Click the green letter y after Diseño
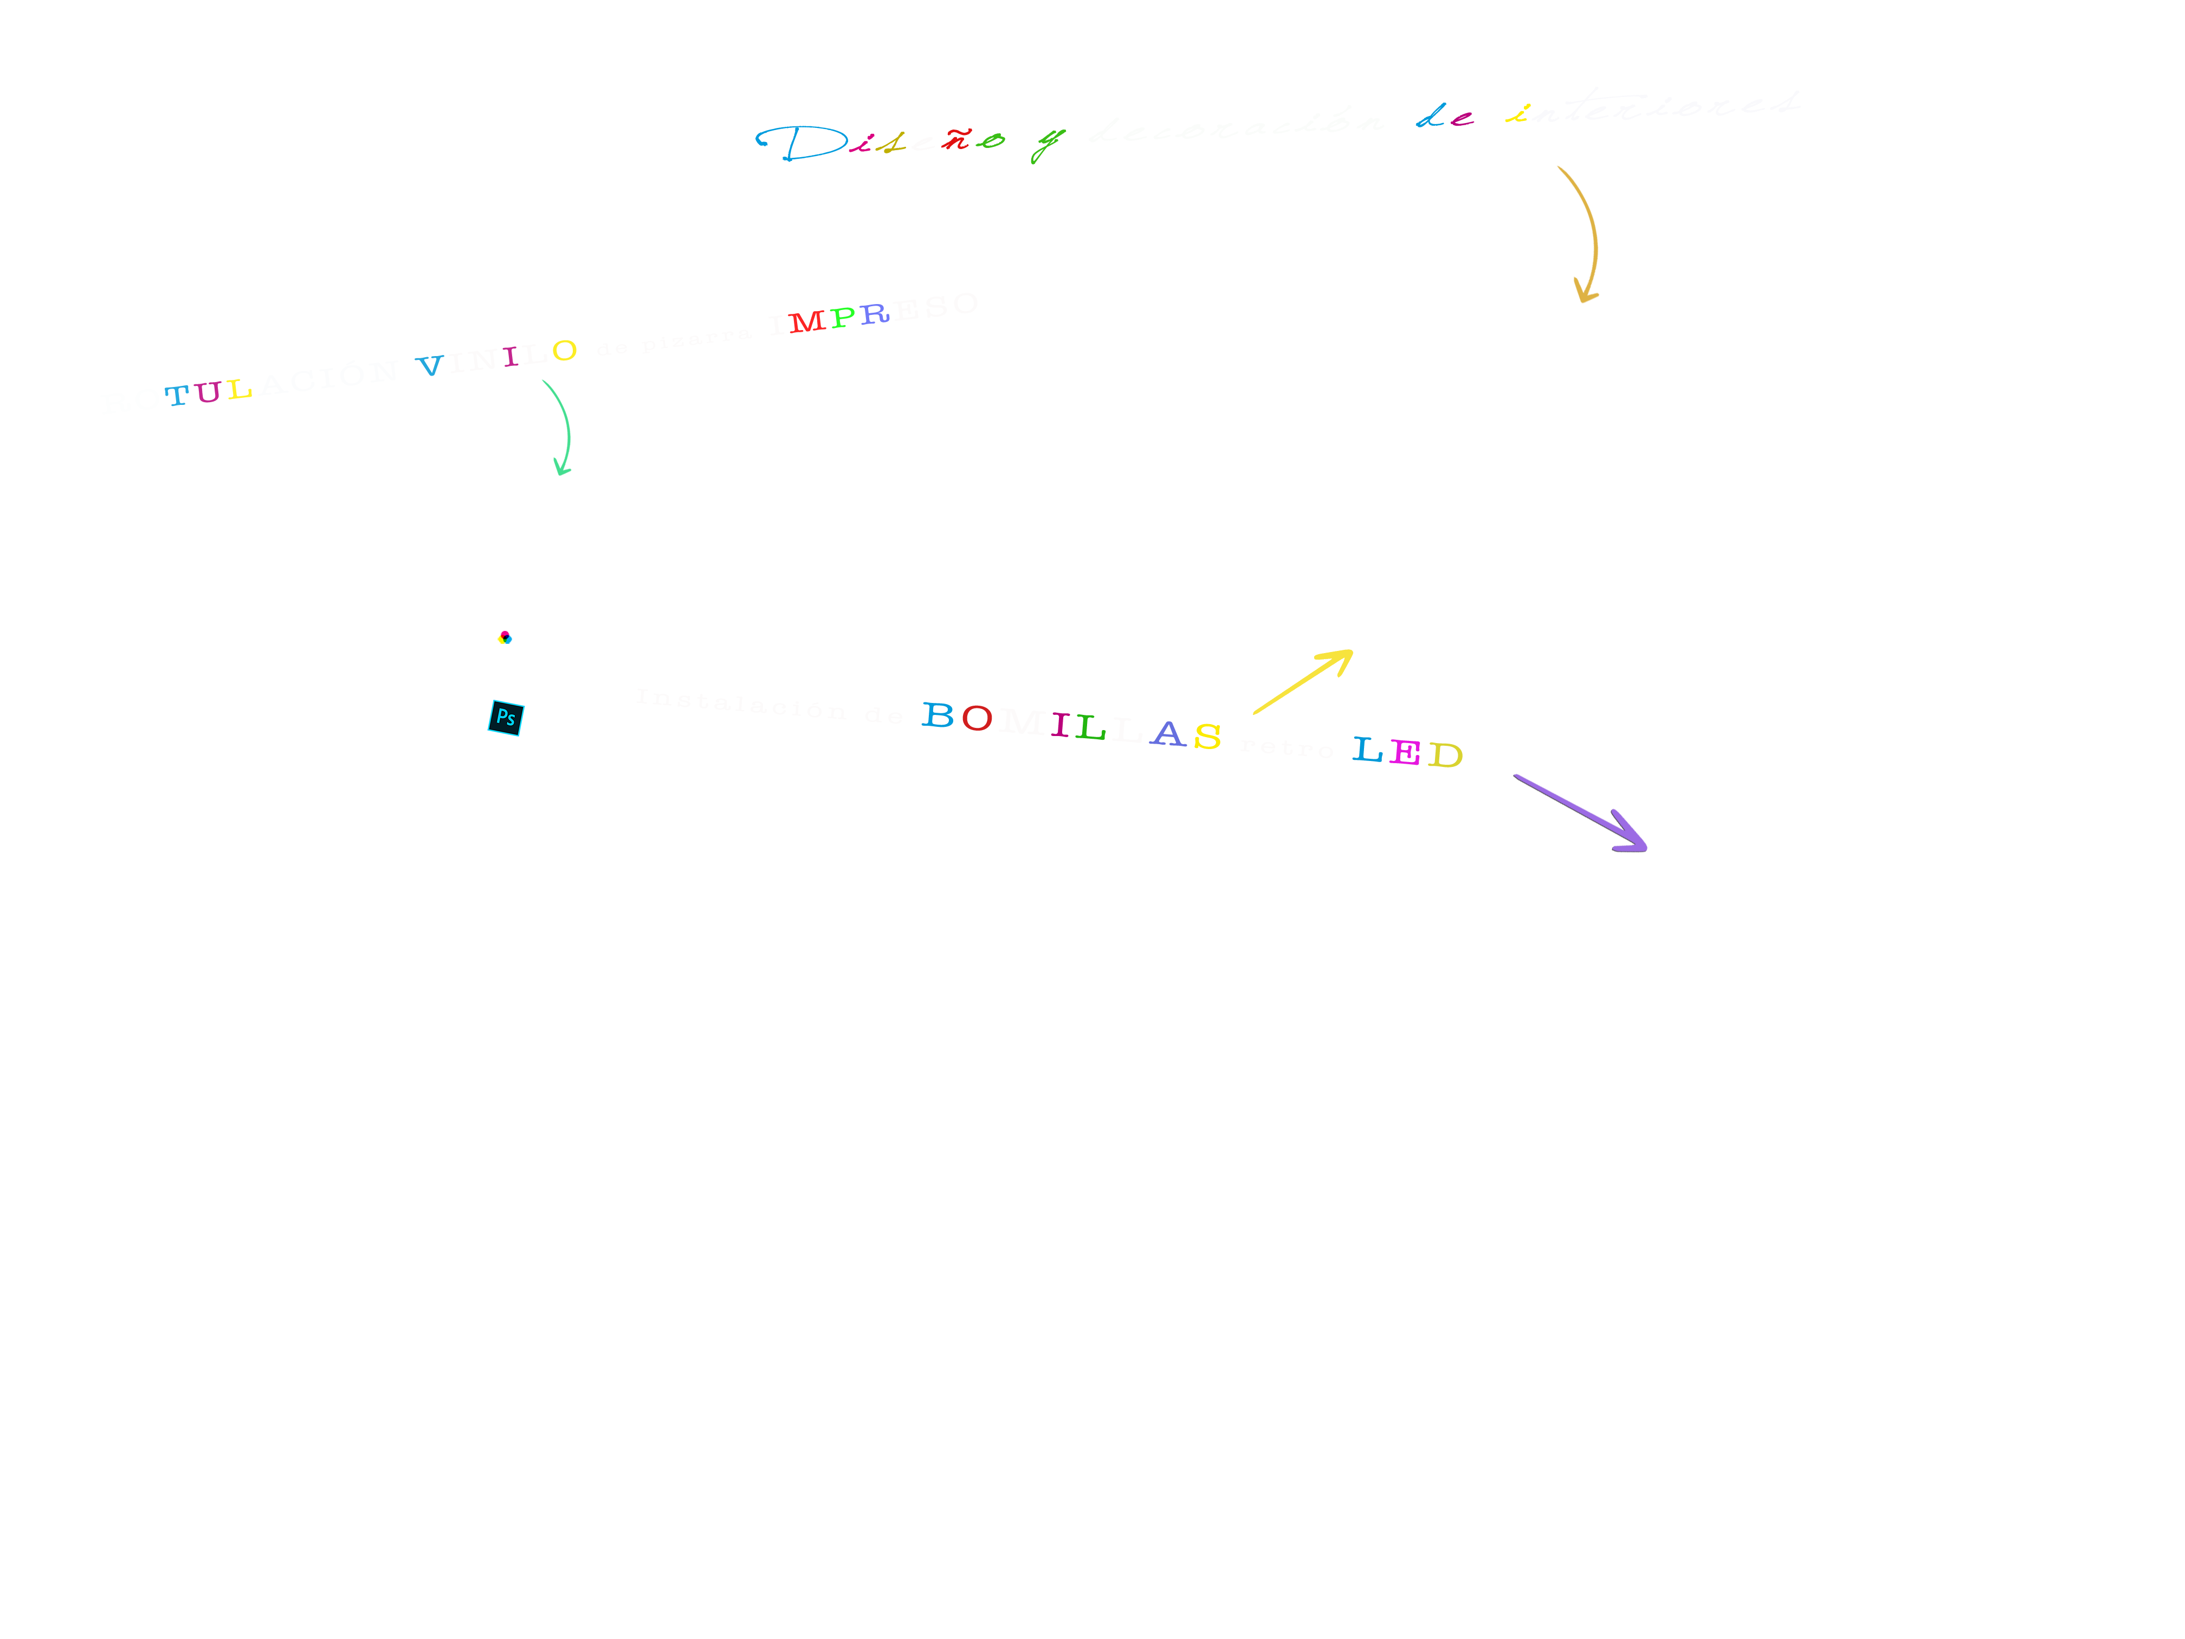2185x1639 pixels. click(1047, 143)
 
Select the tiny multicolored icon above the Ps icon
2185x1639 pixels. click(505, 637)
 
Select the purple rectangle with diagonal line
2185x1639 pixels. click(1580, 813)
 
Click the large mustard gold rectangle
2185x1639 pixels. click(1387, 356)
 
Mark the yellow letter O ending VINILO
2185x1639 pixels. click(564, 351)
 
